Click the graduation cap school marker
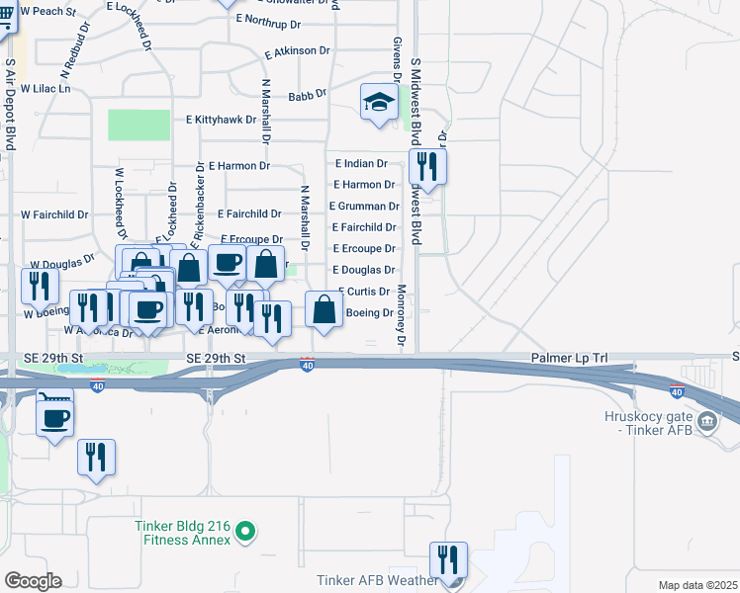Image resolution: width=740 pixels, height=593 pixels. (x=379, y=103)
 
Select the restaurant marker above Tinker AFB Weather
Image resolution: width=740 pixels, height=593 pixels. (x=449, y=559)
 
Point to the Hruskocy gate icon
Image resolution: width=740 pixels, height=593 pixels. (x=707, y=422)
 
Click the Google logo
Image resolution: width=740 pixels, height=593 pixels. (x=33, y=580)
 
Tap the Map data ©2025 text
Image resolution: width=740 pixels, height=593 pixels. (x=698, y=585)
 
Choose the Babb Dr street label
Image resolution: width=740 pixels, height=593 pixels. (x=307, y=96)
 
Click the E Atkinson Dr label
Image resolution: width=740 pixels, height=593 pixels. (x=297, y=50)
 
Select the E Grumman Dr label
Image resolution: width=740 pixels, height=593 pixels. (x=366, y=207)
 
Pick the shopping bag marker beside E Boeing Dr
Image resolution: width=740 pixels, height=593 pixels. (x=324, y=309)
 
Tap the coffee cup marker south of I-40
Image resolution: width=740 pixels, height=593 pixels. (x=53, y=417)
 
